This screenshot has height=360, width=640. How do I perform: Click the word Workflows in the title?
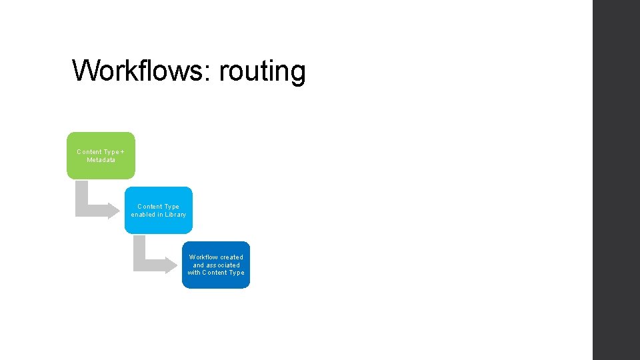[141, 71]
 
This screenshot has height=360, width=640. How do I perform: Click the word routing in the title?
[262, 72]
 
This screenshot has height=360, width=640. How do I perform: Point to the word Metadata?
[101, 160]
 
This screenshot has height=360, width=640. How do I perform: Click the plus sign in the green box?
[122, 152]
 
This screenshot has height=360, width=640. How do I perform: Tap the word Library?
[175, 215]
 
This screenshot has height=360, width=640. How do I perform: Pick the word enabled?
[143, 215]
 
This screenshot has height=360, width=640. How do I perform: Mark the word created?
[232, 257]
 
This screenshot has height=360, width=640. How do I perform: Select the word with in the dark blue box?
[194, 273]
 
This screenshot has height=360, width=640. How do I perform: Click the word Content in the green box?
[89, 152]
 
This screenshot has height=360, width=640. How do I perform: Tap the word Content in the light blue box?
[150, 207]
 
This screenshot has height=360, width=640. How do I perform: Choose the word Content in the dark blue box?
[215, 273]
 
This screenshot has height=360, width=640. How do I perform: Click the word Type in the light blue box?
[171, 207]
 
